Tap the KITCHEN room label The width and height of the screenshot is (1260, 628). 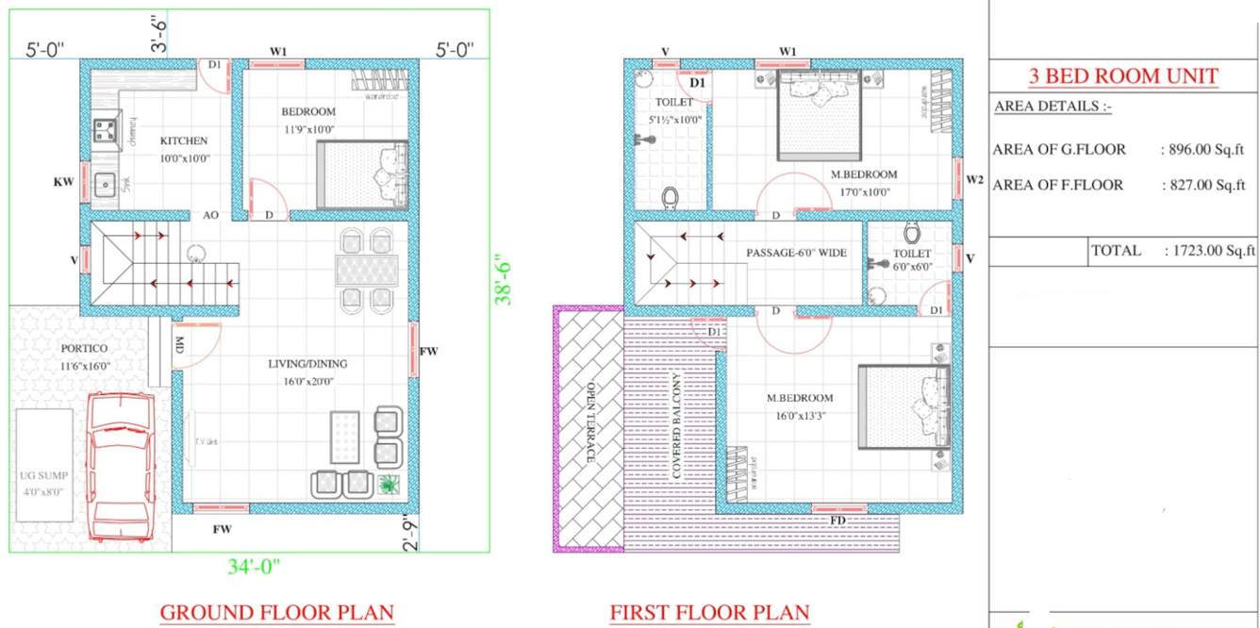coord(184,140)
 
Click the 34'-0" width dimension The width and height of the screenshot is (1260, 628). coord(254,567)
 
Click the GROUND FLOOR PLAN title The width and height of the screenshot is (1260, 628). coord(276,612)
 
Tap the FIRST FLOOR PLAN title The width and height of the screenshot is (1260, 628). coord(709,612)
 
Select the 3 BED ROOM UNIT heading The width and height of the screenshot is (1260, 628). coord(1123,76)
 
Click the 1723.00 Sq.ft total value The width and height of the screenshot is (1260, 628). coord(1210,251)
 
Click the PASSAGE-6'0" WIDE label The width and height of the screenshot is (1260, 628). coord(797,253)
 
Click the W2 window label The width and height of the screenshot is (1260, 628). coord(975,179)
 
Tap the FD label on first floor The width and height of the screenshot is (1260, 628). coord(837,521)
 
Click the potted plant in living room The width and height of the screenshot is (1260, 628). coord(388,485)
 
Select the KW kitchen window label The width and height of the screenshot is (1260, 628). coord(63,181)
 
